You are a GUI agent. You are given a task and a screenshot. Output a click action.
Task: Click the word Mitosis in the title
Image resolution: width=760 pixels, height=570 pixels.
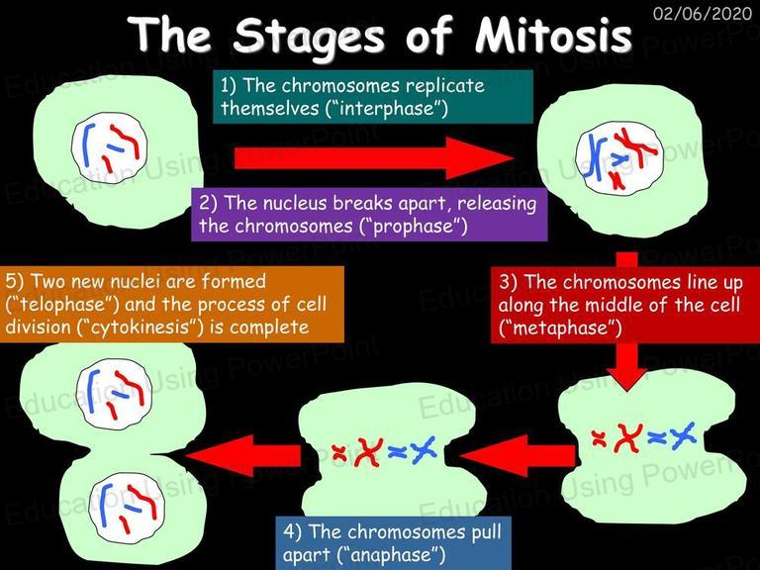click(553, 35)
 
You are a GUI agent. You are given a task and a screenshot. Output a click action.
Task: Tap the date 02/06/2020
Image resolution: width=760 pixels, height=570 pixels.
click(703, 13)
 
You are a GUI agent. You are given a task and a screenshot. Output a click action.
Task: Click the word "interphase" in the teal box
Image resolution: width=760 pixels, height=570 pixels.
click(387, 107)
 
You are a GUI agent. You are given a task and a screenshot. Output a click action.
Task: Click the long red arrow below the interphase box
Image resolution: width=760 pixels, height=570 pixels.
click(373, 158)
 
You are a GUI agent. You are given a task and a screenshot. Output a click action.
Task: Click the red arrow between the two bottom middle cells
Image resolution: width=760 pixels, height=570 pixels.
click(517, 455)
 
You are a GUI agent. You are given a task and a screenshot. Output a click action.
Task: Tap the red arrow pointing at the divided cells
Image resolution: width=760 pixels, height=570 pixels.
click(242, 455)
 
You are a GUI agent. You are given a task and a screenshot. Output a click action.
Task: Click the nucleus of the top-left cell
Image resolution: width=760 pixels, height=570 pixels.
click(109, 146)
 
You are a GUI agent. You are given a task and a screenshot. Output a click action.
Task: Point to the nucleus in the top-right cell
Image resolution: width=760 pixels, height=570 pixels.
click(618, 157)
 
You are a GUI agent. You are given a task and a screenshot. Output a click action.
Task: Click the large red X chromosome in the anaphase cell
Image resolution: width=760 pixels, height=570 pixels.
click(369, 452)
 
